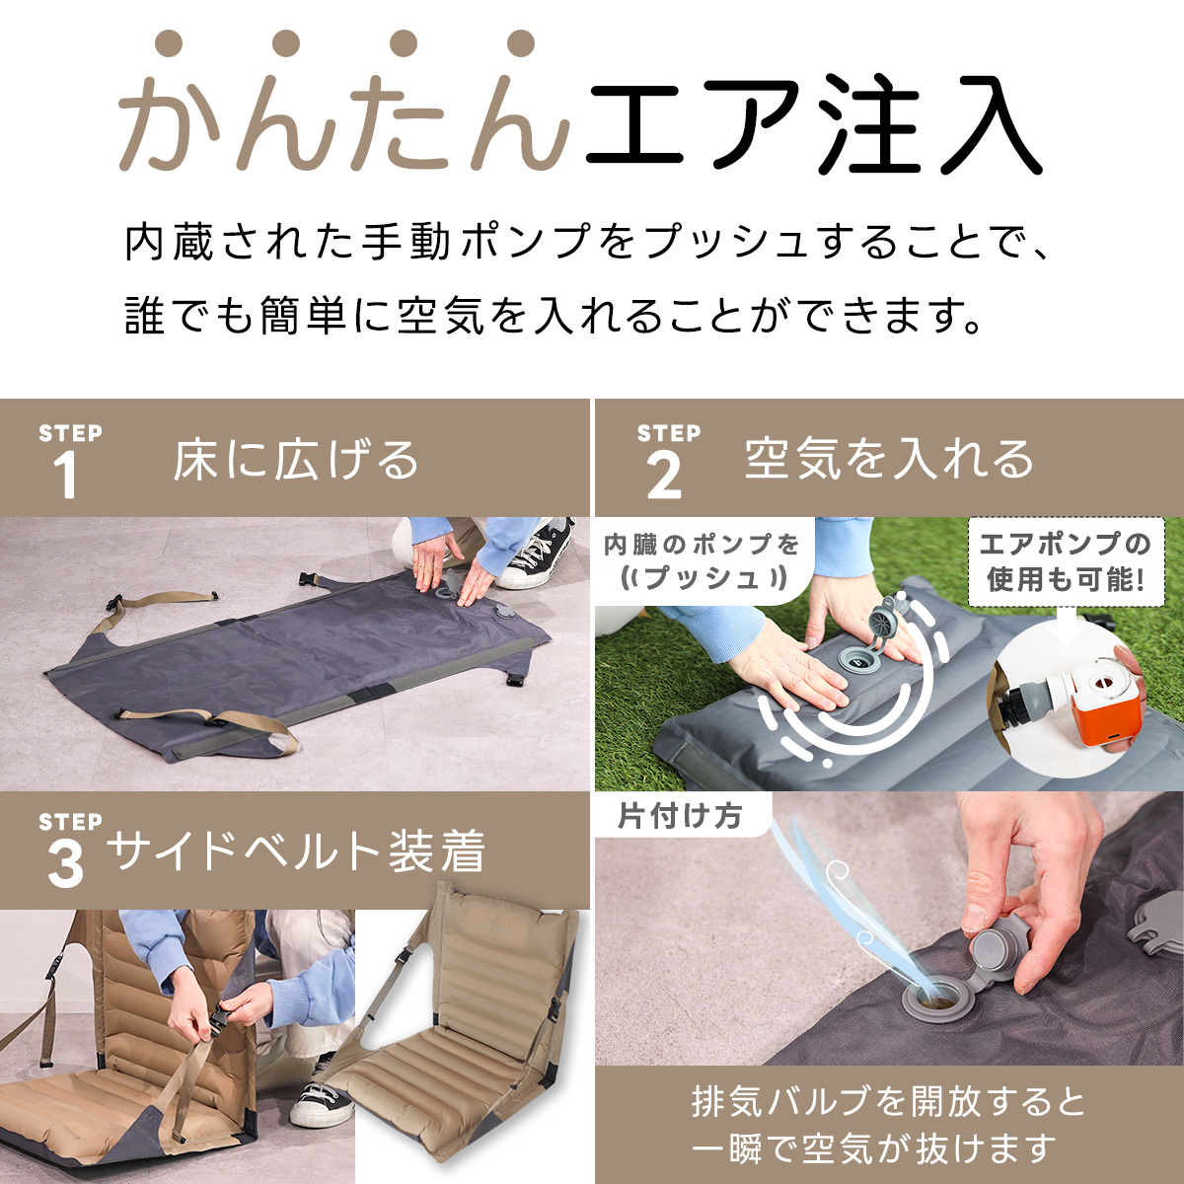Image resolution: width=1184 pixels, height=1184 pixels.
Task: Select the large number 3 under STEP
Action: [x=65, y=864]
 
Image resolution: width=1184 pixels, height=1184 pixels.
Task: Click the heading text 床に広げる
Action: [x=296, y=460]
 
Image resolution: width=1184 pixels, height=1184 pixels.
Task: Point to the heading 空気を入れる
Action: [x=889, y=459]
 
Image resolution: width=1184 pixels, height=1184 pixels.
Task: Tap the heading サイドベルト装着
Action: [x=296, y=851]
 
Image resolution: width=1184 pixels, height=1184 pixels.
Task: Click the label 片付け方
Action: [x=680, y=816]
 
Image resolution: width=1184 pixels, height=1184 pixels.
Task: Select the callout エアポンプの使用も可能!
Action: [x=1066, y=561]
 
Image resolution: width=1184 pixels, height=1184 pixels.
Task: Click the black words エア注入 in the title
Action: [x=813, y=123]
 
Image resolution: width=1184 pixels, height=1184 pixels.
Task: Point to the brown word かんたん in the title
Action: [x=344, y=119]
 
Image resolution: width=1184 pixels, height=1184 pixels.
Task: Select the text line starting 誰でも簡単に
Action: [x=553, y=316]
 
